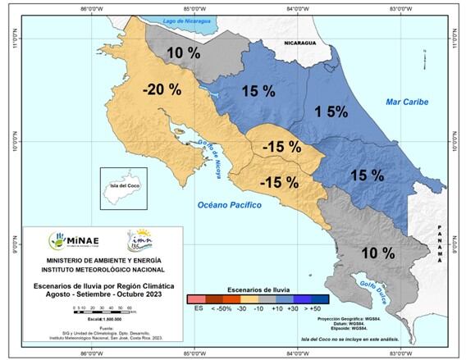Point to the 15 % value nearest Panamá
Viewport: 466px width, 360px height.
click(367, 175)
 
